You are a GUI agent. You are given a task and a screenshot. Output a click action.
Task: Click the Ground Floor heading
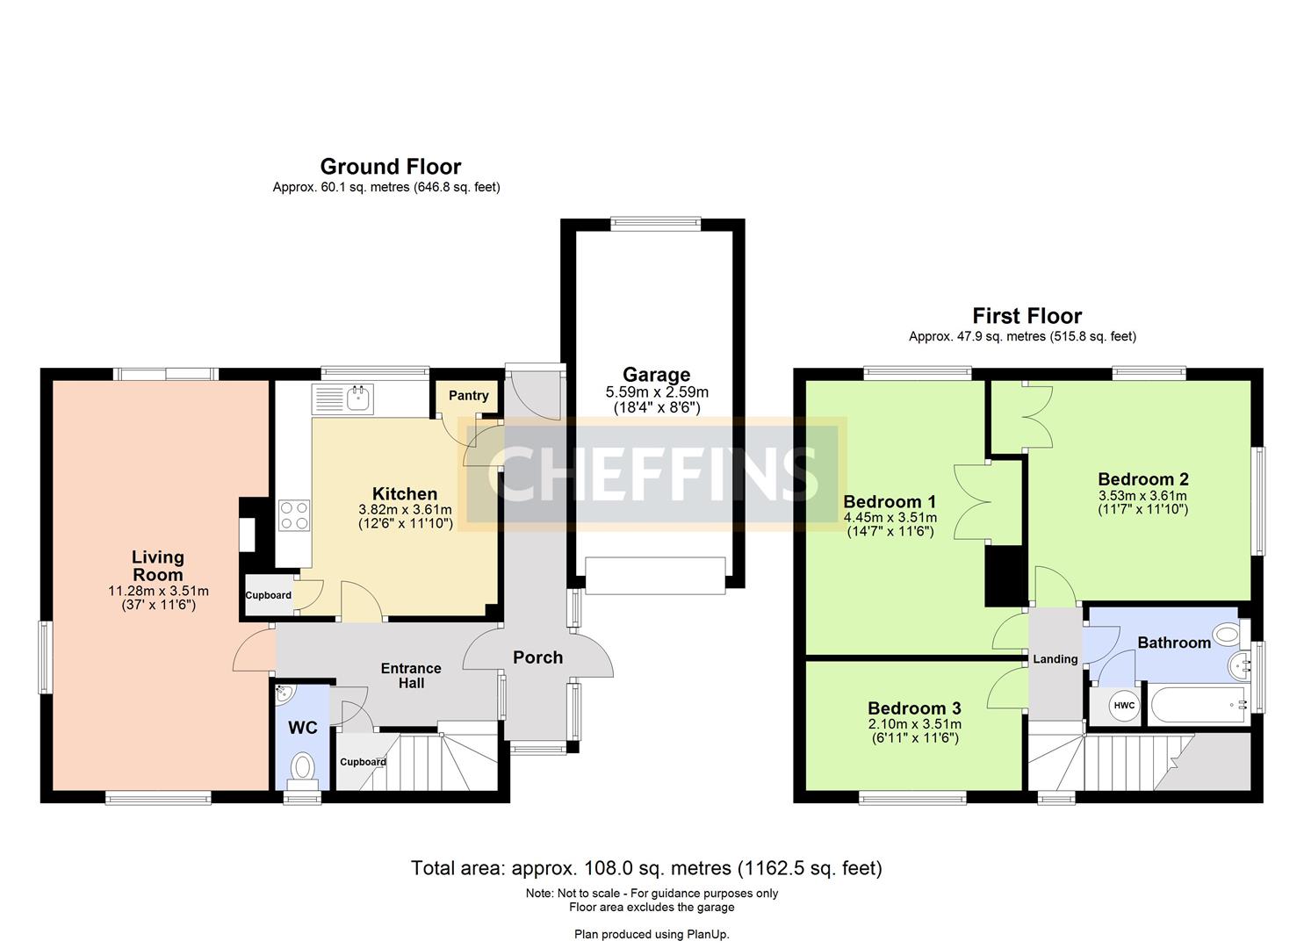[390, 167]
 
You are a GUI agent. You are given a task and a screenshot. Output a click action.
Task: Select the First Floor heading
[1027, 316]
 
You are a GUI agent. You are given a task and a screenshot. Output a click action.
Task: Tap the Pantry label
[468, 396]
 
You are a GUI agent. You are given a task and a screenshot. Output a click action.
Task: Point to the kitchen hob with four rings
[294, 515]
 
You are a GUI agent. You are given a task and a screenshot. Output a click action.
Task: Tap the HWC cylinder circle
[1123, 706]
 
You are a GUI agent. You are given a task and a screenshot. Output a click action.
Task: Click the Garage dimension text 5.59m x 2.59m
[656, 392]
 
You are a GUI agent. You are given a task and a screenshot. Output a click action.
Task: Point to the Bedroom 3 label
[914, 708]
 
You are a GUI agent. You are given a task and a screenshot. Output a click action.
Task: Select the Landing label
[1055, 659]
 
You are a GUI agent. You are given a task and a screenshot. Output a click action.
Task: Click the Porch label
[537, 657]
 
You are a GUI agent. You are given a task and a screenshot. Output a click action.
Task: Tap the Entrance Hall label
[410, 676]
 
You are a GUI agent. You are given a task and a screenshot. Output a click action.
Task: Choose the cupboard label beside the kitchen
[268, 595]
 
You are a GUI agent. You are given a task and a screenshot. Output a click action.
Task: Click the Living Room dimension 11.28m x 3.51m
[158, 591]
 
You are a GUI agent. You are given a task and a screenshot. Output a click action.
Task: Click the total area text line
[646, 868]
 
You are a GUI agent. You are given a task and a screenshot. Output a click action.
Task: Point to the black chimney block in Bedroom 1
[1005, 575]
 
